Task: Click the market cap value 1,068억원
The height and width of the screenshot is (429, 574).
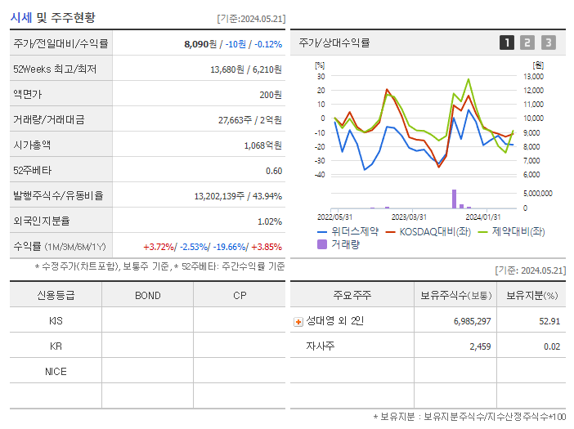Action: click(262, 145)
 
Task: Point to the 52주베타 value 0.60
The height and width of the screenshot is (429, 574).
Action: click(274, 171)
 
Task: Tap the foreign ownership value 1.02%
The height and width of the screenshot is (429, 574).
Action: click(270, 221)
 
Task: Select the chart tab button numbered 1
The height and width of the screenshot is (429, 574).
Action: click(507, 42)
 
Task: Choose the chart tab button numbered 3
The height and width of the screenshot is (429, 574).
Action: click(548, 42)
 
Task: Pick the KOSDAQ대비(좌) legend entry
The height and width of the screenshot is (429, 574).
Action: click(432, 232)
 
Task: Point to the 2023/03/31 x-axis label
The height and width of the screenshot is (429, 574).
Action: click(409, 217)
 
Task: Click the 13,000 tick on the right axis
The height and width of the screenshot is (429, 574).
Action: click(531, 76)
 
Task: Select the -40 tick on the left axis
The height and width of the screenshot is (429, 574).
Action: click(320, 175)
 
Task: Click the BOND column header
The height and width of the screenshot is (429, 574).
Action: click(147, 296)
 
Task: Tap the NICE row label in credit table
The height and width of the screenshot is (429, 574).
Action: click(56, 371)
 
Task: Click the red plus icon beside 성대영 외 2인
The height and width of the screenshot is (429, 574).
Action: click(298, 322)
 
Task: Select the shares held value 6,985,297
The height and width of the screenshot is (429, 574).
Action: click(472, 321)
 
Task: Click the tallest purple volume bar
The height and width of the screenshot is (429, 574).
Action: click(454, 199)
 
